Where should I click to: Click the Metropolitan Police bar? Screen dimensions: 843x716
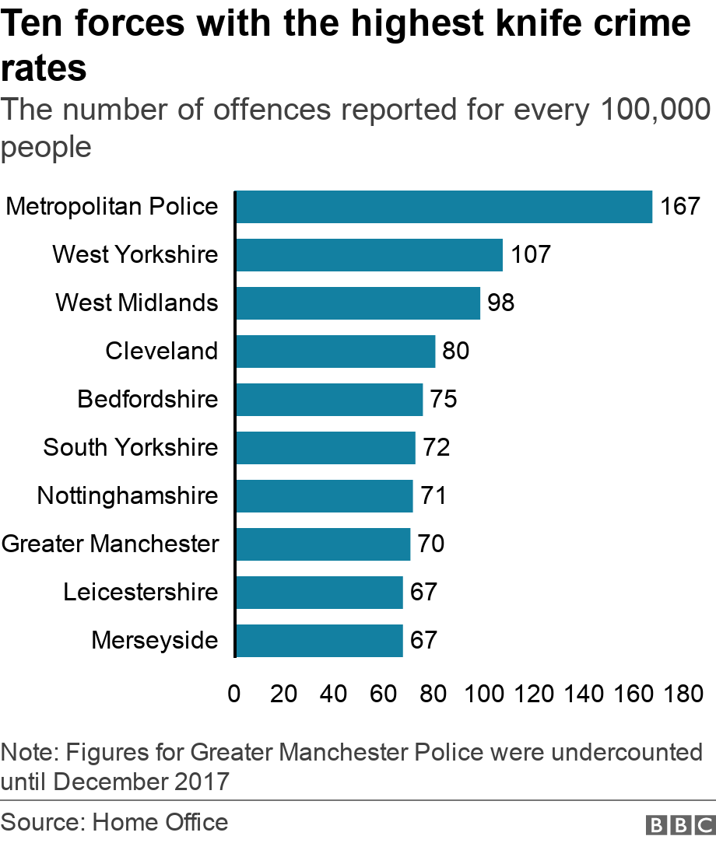pyautogui.click(x=443, y=207)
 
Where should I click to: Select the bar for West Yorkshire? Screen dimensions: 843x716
pyautogui.click(x=368, y=255)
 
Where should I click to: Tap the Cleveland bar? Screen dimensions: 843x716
pyautogui.click(x=335, y=352)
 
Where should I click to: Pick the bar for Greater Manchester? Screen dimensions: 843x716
pyautogui.click(x=322, y=544)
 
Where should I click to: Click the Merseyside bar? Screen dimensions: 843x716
pyautogui.click(x=318, y=641)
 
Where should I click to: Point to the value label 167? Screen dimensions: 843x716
pyautogui.click(x=680, y=207)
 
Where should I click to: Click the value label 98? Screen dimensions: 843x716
pyautogui.click(x=501, y=303)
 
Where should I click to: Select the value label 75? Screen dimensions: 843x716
pyautogui.click(x=444, y=400)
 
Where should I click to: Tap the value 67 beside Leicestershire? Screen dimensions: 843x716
pyautogui.click(x=424, y=593)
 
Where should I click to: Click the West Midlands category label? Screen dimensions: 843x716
pyautogui.click(x=137, y=303)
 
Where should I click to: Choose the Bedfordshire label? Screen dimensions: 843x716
pyautogui.click(x=148, y=400)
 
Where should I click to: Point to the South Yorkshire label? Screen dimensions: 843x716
pyautogui.click(x=131, y=448)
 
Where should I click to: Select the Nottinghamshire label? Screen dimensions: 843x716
pyautogui.click(x=128, y=496)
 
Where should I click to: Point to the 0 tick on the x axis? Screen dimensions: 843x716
pyautogui.click(x=233, y=694)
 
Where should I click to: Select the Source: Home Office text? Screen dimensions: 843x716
pyautogui.click(x=114, y=823)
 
